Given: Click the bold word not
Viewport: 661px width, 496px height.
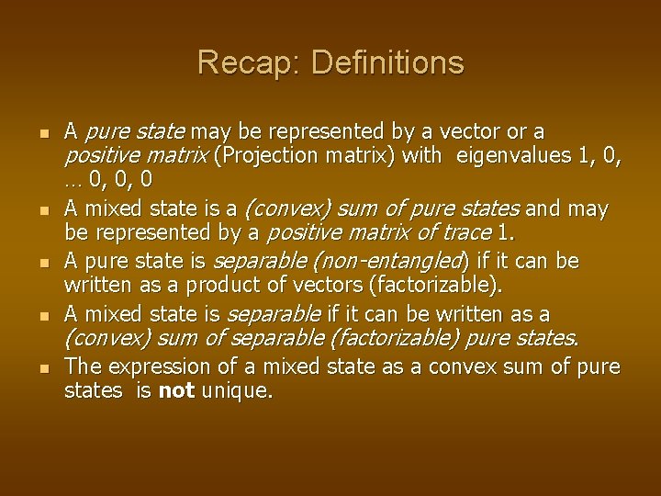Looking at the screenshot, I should point(175,390).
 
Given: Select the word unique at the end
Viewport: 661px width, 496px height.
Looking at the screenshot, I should point(236,390).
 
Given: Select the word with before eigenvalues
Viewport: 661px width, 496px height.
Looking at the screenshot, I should point(421,155).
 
